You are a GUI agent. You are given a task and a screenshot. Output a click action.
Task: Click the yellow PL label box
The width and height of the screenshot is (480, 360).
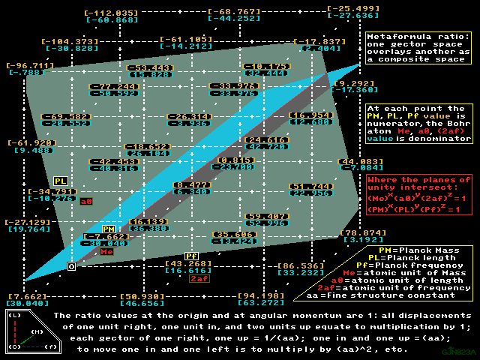click(60, 181)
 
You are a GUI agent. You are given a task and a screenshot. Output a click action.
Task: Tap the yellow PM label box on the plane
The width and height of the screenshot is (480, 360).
click(109, 229)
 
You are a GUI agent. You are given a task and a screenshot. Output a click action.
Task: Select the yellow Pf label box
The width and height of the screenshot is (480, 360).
click(191, 256)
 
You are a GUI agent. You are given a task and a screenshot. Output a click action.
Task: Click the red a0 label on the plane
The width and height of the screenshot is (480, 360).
click(86, 201)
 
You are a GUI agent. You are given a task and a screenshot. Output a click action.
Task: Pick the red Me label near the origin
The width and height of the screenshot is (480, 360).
click(107, 252)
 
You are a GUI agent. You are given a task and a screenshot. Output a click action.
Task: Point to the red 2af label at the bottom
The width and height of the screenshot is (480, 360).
click(199, 279)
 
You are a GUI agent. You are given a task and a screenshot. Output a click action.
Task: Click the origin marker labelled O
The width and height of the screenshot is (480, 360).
click(71, 265)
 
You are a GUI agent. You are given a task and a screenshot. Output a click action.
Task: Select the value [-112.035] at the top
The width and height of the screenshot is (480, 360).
click(112, 13)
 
